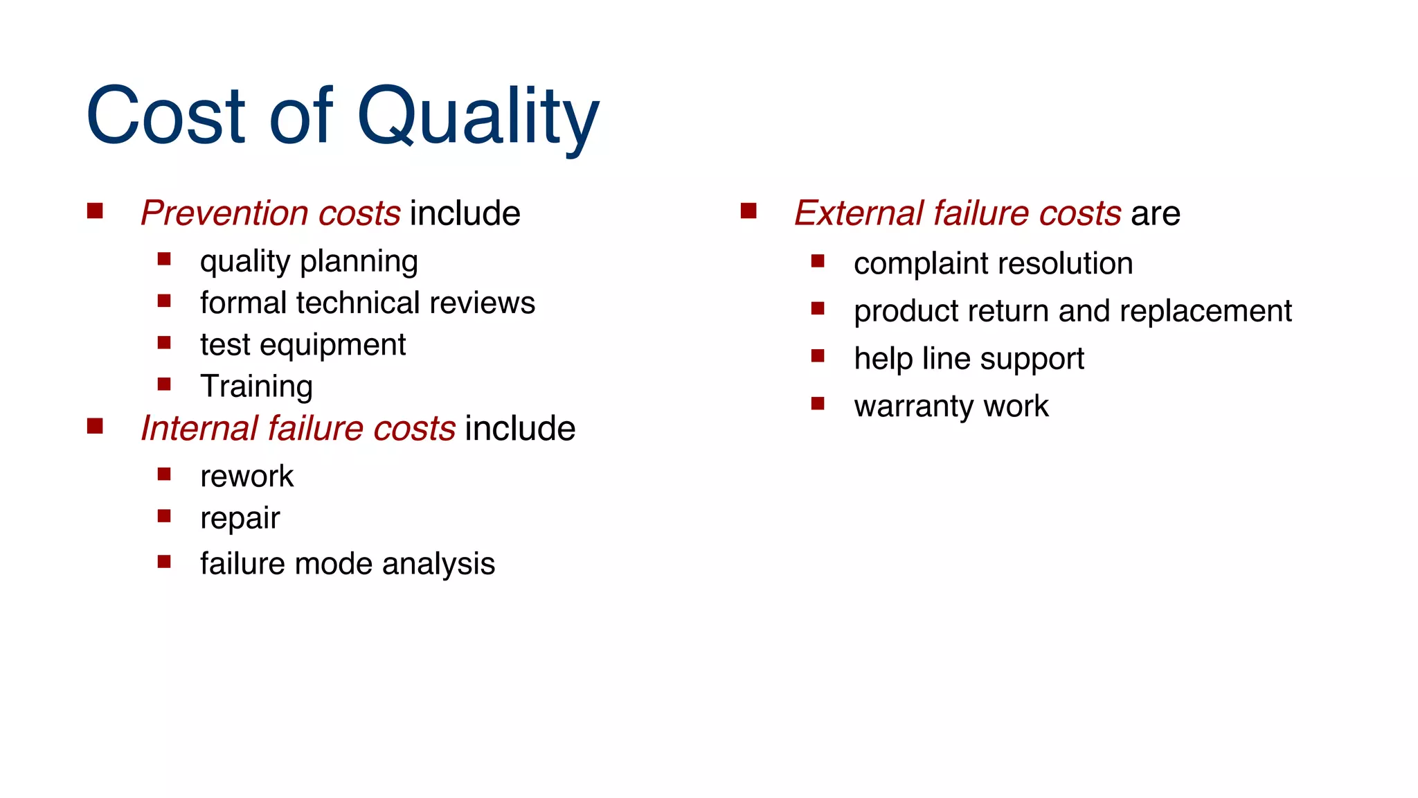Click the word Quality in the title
click(477, 116)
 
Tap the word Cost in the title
click(165, 116)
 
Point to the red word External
click(858, 213)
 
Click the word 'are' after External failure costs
click(1155, 213)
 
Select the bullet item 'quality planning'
click(308, 262)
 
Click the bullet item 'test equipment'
click(303, 345)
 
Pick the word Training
click(256, 387)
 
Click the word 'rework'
click(246, 477)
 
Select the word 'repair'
click(240, 519)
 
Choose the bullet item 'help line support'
click(968, 359)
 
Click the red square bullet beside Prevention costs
click(95, 211)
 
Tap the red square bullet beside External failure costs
click(748, 211)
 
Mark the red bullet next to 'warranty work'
click(818, 403)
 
